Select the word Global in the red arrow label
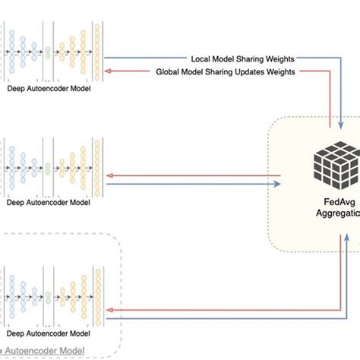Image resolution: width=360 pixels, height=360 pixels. pos(170,71)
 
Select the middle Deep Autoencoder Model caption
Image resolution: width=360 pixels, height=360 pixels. pos(49,202)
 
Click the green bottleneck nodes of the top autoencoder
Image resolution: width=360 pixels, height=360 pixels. pos(48,53)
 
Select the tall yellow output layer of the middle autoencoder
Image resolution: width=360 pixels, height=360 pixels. pos(96,163)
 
